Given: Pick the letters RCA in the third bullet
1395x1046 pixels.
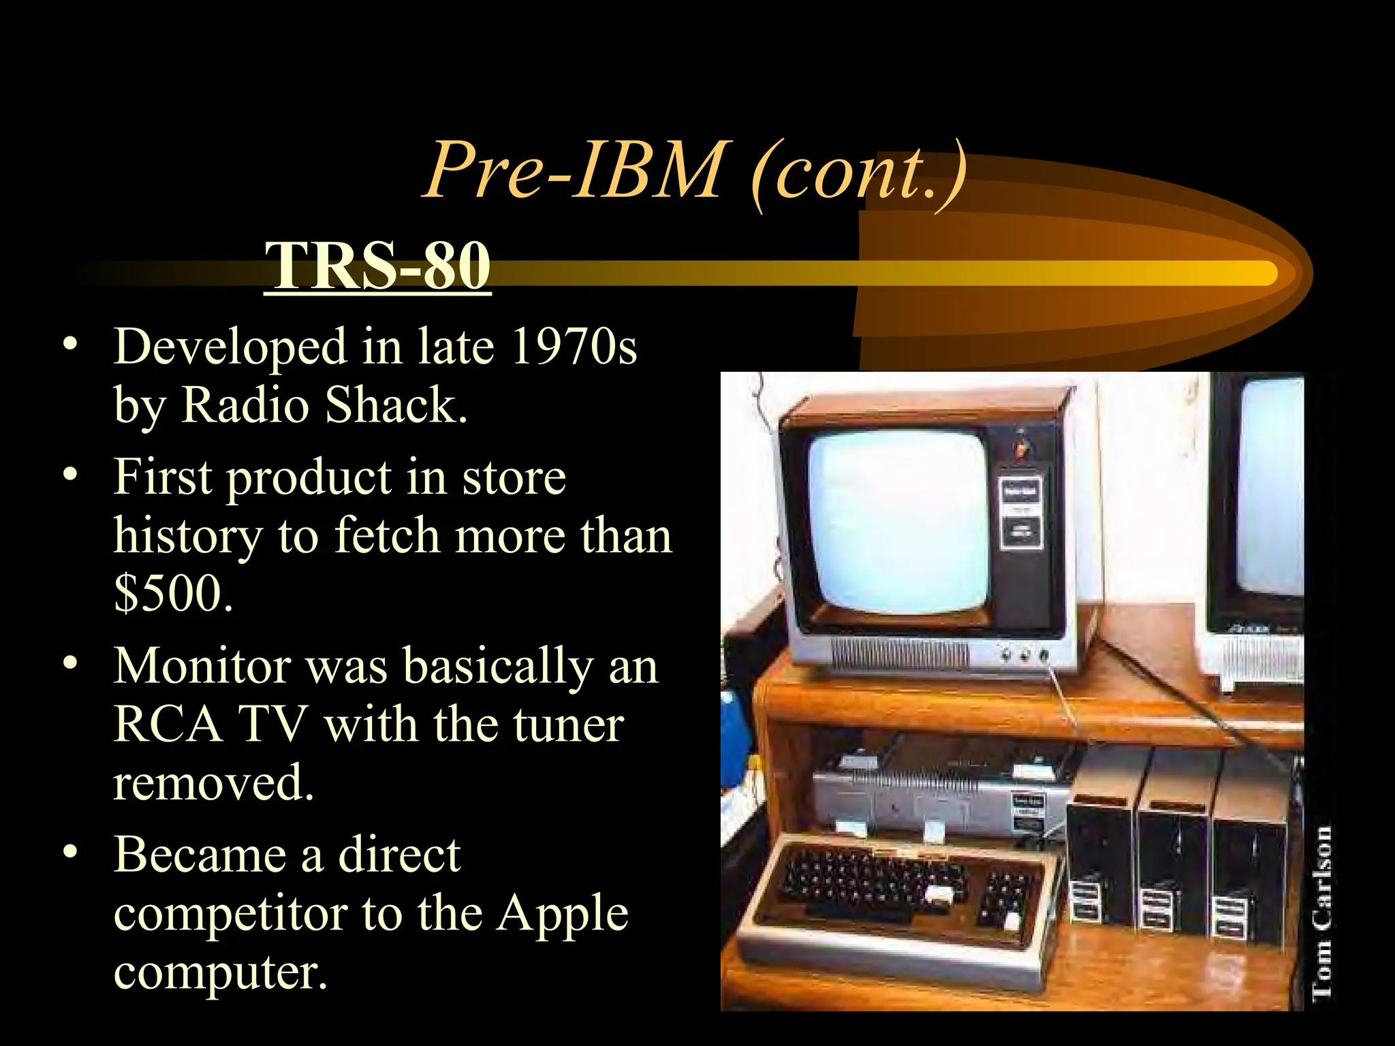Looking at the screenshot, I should point(168,724).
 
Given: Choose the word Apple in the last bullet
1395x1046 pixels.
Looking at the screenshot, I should point(562,913).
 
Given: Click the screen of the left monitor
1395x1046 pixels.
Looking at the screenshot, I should point(898,521).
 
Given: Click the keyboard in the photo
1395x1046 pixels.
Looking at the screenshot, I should point(899,899).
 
